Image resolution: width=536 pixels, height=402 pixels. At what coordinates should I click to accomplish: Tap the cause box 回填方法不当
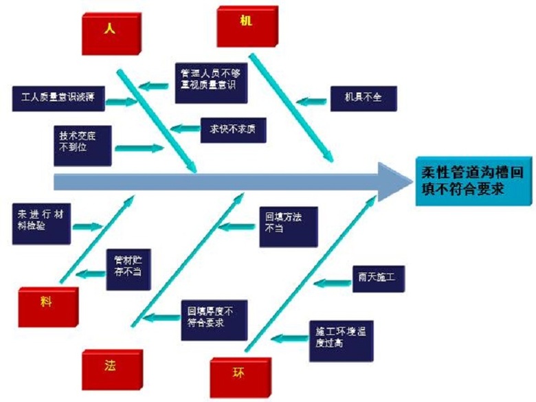tap(288, 225)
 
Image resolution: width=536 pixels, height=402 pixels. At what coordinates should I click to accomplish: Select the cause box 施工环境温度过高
tap(341, 337)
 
